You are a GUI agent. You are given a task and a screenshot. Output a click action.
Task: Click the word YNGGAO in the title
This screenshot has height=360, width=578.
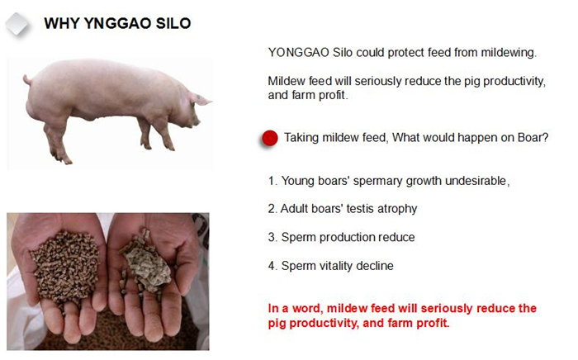coord(117,24)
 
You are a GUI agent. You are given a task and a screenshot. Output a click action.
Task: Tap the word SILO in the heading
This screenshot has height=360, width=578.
coord(173,24)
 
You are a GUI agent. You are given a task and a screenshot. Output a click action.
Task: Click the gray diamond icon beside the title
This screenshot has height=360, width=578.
coord(17,24)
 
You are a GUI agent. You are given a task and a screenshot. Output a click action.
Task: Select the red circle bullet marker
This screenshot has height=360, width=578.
coord(270,138)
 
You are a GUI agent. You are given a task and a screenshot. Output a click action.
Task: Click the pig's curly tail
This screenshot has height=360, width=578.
coord(27,79)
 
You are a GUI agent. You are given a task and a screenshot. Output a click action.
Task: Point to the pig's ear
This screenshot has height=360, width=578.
coord(200,99)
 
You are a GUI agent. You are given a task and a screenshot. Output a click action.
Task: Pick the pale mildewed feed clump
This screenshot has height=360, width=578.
coord(146,263)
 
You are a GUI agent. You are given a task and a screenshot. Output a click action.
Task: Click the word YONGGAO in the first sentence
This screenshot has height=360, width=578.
coord(299,53)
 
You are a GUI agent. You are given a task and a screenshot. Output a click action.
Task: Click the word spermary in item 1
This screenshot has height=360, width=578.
coord(378,182)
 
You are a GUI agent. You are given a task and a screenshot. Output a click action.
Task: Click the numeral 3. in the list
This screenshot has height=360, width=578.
coord(272,237)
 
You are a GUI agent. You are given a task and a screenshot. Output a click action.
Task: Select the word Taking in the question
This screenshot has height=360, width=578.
coord(301,138)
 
